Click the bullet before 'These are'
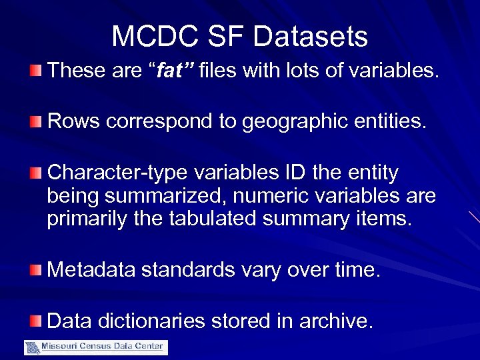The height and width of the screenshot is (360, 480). pos(35,69)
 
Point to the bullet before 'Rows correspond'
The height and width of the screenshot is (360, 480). pos(35,121)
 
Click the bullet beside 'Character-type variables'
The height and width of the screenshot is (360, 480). pos(35,173)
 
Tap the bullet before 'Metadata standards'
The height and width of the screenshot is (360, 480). pos(35,269)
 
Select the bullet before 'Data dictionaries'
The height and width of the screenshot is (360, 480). pos(35,321)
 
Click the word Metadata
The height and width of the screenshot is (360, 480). pos(92,269)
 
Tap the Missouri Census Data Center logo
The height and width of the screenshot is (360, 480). pos(96,347)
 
